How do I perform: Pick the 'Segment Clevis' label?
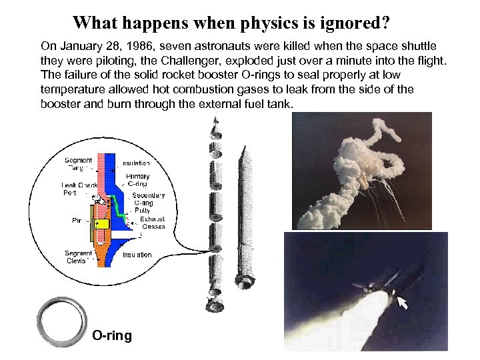click(79, 257)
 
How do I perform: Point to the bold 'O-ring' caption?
click(112, 335)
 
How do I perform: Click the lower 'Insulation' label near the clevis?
click(137, 255)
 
